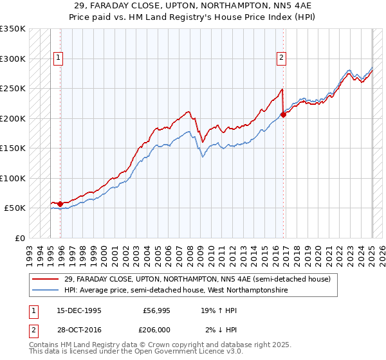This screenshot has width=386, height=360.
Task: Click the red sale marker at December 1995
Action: (60, 204)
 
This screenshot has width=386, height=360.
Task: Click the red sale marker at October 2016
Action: (283, 115)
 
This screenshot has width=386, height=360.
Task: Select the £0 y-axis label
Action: (20, 238)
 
